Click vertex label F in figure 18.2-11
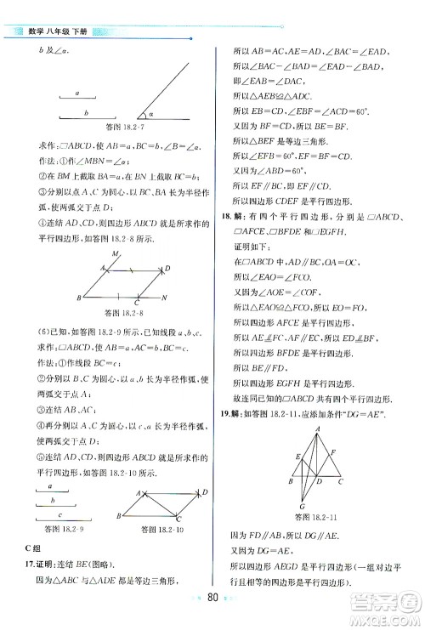click(x=332, y=452)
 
